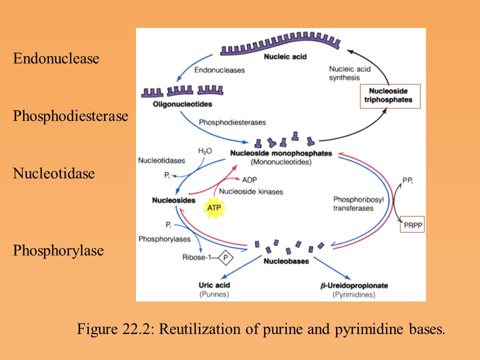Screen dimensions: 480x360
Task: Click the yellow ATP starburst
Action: click(214, 208)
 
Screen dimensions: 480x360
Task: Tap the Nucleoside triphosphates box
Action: click(390, 96)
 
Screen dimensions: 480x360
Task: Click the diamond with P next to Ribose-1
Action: click(225, 257)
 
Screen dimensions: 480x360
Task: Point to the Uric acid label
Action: click(214, 285)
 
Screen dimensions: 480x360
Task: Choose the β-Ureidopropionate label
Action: click(354, 285)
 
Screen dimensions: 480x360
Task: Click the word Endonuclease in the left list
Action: click(56, 58)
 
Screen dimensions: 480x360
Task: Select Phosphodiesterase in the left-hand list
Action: click(70, 116)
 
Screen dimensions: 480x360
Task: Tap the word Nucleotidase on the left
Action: click(54, 173)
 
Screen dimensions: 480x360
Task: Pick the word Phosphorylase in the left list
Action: click(58, 250)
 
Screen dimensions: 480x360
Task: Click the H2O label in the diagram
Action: click(205, 151)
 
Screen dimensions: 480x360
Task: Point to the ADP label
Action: click(249, 180)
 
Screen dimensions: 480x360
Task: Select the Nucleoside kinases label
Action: click(251, 191)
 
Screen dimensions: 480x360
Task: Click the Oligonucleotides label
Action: click(182, 104)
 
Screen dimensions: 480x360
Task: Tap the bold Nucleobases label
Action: click(286, 261)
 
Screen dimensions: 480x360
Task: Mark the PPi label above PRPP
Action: click(408, 180)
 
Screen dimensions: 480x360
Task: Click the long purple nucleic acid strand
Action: click(280, 44)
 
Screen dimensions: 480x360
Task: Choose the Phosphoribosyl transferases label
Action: click(358, 204)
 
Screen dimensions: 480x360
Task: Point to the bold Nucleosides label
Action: click(173, 200)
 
